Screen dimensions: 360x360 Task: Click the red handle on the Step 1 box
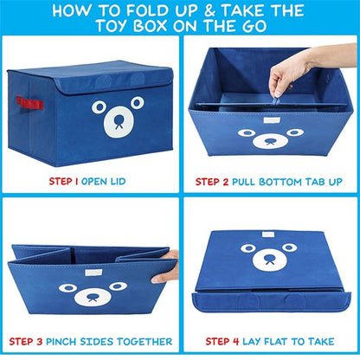tap(29, 103)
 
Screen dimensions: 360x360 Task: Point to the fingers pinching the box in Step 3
tap(169, 266)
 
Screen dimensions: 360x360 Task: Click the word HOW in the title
tap(79, 11)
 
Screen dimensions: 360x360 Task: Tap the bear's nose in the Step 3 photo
tap(92, 298)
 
